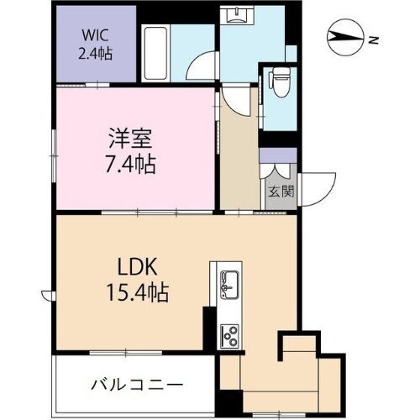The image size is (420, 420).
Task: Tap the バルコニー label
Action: tap(137, 386)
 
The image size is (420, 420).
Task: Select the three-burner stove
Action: tap(229, 334)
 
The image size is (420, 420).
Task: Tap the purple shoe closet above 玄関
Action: tap(278, 156)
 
